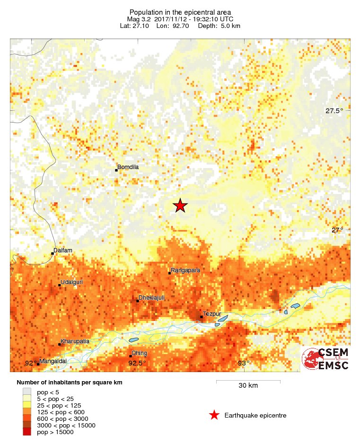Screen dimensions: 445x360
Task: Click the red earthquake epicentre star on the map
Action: (180, 206)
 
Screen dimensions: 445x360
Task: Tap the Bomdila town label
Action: (128, 167)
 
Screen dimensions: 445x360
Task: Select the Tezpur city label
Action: (211, 314)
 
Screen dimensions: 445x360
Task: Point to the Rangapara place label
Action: (185, 270)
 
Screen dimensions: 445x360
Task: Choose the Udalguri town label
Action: (71, 282)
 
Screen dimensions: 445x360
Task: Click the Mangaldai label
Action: (53, 361)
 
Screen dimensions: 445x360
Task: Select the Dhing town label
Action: (140, 353)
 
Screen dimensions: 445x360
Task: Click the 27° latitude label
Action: (337, 230)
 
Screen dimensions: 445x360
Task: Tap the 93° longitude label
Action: (244, 363)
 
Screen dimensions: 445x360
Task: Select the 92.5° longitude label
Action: (137, 363)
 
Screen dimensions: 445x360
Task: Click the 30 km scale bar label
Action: (248, 385)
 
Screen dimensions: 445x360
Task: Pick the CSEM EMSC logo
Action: (326, 359)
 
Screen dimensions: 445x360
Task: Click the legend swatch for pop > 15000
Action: (27, 432)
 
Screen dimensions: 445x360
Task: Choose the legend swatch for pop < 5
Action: (27, 392)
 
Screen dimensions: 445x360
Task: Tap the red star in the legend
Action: (214, 415)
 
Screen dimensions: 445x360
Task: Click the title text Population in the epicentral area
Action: (180, 12)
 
